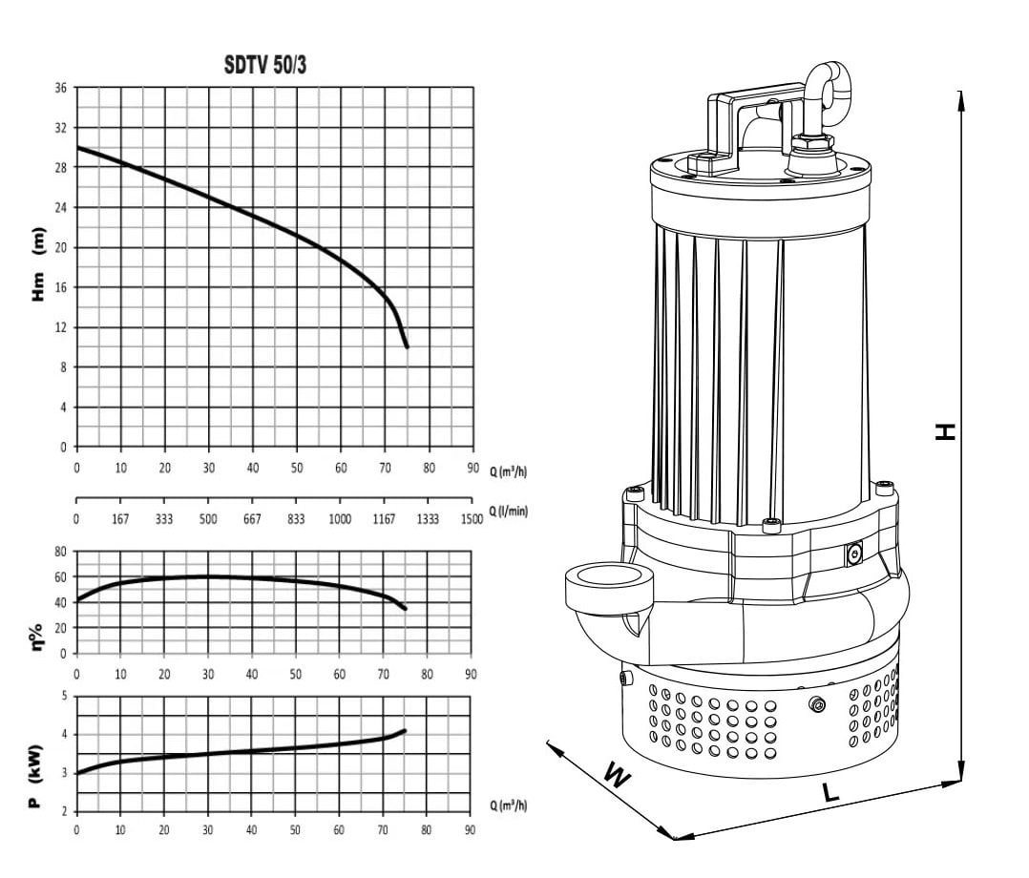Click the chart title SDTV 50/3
265,65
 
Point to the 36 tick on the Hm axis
61,88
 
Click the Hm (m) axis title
39,264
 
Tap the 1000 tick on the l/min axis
340,519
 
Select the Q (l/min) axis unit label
509,511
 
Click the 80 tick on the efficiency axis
60,552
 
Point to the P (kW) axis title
36,776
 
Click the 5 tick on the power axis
64,696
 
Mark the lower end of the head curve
407,346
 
